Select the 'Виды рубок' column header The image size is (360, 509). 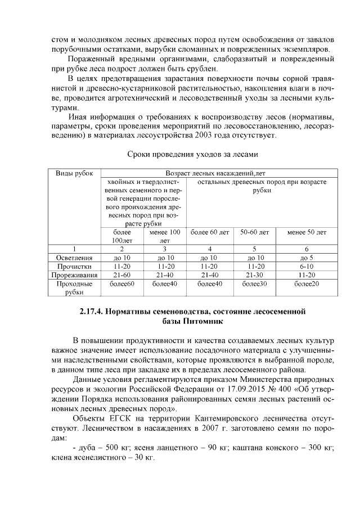click(x=74, y=173)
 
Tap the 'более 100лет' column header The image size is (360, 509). click(x=121, y=236)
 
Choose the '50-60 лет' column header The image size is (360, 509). click(x=254, y=232)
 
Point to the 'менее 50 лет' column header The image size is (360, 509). click(x=307, y=232)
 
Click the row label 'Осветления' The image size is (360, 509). click(x=74, y=258)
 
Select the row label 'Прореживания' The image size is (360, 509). click(x=74, y=275)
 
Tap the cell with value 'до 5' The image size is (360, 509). click(x=307, y=258)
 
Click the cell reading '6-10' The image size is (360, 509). click(x=307, y=266)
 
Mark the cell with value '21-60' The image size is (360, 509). click(x=121, y=275)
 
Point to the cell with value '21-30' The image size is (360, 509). click(x=254, y=275)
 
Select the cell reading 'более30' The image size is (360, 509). click(x=254, y=284)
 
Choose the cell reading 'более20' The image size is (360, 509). click(x=307, y=284)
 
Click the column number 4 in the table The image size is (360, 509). click(x=210, y=249)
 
